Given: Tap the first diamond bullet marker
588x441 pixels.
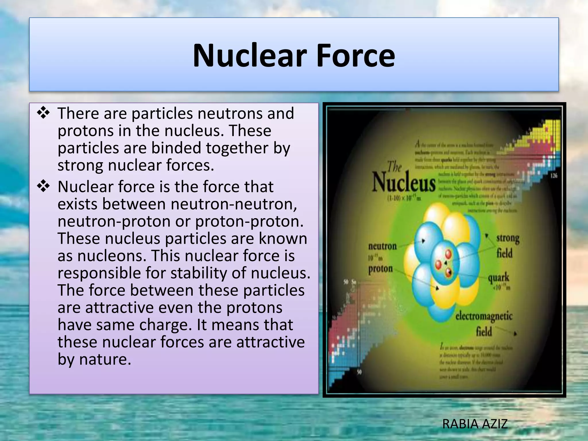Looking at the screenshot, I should coord(43,113).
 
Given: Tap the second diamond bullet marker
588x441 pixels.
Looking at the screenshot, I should coord(43,186).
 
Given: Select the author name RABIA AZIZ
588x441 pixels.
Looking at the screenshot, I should coord(475,424).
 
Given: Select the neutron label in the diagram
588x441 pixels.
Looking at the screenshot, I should coord(382,246).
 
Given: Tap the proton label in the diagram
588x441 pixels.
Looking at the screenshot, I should coord(380,269).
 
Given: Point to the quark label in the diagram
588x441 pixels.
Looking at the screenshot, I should coord(498,277).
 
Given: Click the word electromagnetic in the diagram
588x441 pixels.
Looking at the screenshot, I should coord(484,316).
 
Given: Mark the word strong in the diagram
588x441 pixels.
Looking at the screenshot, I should coord(508,238).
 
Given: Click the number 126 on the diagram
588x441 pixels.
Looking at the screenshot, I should coord(554,175).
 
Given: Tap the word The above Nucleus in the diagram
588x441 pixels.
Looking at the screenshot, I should coord(394,167).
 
